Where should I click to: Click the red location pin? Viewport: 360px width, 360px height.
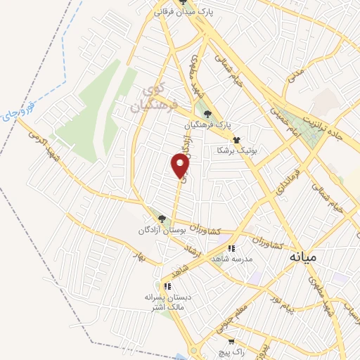[x=181, y=166]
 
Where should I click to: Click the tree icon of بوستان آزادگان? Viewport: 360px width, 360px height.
[x=162, y=219]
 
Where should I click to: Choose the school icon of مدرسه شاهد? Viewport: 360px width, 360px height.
[x=231, y=247]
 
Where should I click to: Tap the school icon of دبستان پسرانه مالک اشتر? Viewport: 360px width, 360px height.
[x=167, y=285]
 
